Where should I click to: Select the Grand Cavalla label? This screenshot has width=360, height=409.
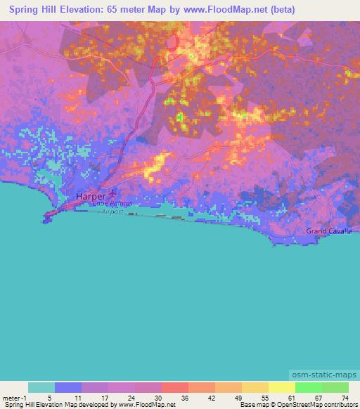pos(329,231)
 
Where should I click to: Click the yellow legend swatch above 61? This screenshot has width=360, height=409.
pos(281,387)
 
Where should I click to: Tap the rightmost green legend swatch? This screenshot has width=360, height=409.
pos(335,387)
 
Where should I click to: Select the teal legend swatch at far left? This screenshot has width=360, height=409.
pos(41,387)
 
